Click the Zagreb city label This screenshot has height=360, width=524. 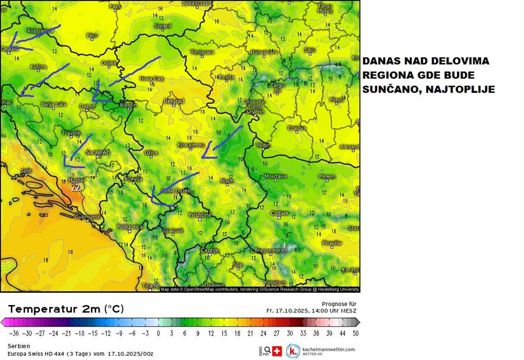(10, 49)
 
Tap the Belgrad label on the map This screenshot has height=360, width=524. (174, 101)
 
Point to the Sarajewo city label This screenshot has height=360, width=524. (98, 152)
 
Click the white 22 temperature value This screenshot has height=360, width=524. (76, 189)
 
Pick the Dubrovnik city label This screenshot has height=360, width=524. (88, 217)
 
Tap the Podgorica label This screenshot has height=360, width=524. (130, 227)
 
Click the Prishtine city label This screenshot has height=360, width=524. (200, 215)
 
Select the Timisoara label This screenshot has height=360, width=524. (202, 52)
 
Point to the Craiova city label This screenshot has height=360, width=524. (297, 128)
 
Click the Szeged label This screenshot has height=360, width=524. (162, 26)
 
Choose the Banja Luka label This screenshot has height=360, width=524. (54, 104)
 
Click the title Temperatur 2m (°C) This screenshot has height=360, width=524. (66, 309)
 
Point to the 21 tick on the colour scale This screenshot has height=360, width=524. (250, 333)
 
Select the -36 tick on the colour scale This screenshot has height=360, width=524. (14, 333)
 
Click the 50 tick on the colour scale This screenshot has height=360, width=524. (355, 333)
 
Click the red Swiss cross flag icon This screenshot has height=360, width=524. (277, 350)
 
